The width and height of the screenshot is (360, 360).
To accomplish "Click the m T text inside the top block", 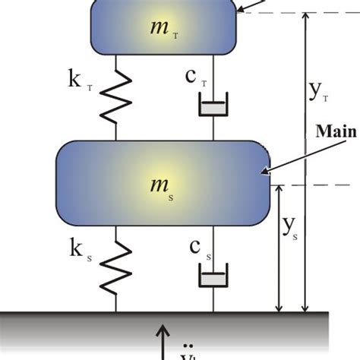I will pos(163,29).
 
